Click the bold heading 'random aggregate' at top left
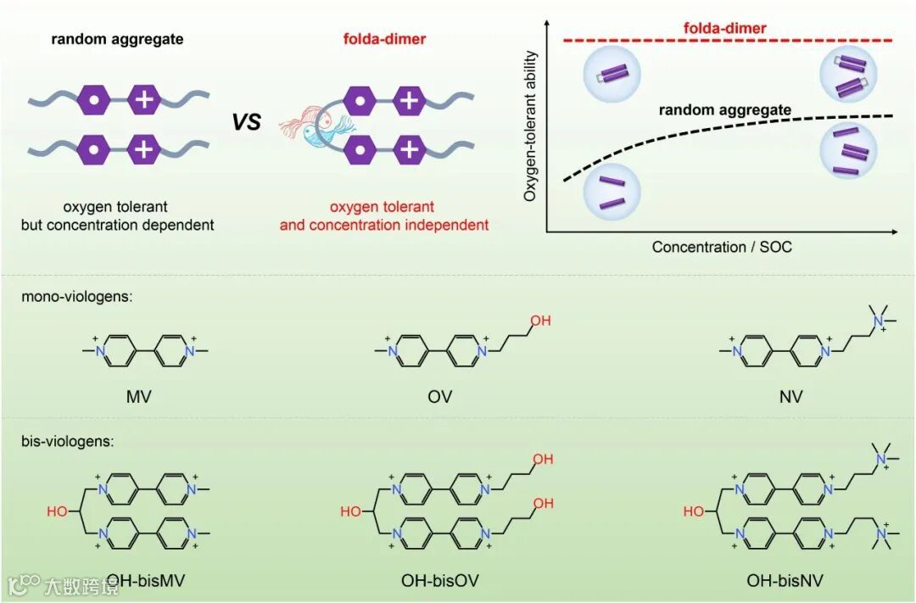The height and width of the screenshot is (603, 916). point(117,40)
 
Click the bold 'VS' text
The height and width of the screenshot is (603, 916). point(247,122)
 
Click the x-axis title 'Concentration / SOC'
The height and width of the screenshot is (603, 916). point(722,247)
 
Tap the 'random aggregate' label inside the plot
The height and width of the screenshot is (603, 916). point(725,110)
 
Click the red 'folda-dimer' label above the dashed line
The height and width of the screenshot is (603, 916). point(724,29)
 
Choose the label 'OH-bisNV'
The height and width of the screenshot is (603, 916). point(785,581)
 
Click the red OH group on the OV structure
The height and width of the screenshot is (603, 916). point(540,321)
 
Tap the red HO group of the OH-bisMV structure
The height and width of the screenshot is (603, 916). point(57,511)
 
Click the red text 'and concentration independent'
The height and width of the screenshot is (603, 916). point(384,225)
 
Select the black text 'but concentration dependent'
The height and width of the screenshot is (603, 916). point(117,225)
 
